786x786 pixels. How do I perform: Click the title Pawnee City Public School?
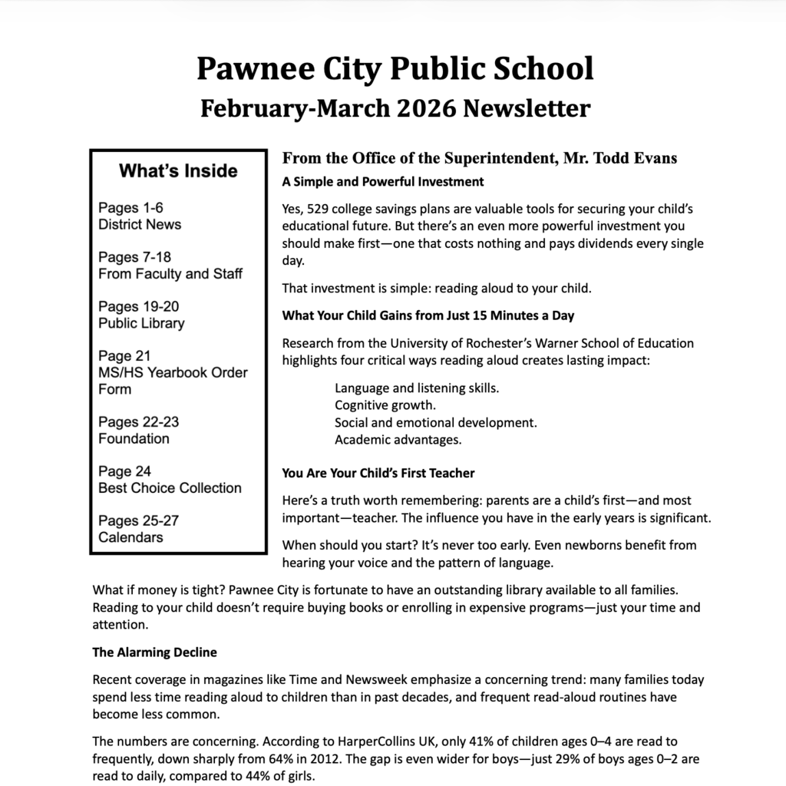pyautogui.click(x=395, y=68)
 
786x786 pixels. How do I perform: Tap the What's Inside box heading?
pyautogui.click(x=178, y=170)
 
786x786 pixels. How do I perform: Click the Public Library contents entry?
pyautogui.click(x=141, y=323)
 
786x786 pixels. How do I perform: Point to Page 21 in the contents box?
pyautogui.click(x=124, y=356)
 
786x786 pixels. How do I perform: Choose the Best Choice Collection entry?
pyautogui.click(x=170, y=488)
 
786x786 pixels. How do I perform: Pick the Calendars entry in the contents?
pyautogui.click(x=130, y=537)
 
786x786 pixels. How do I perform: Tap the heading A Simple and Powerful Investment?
pyautogui.click(x=383, y=182)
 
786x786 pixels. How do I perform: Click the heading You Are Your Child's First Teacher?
pyautogui.click(x=378, y=473)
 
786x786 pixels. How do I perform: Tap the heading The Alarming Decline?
pyautogui.click(x=154, y=652)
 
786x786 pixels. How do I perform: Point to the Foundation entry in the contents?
pyautogui.click(x=134, y=439)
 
